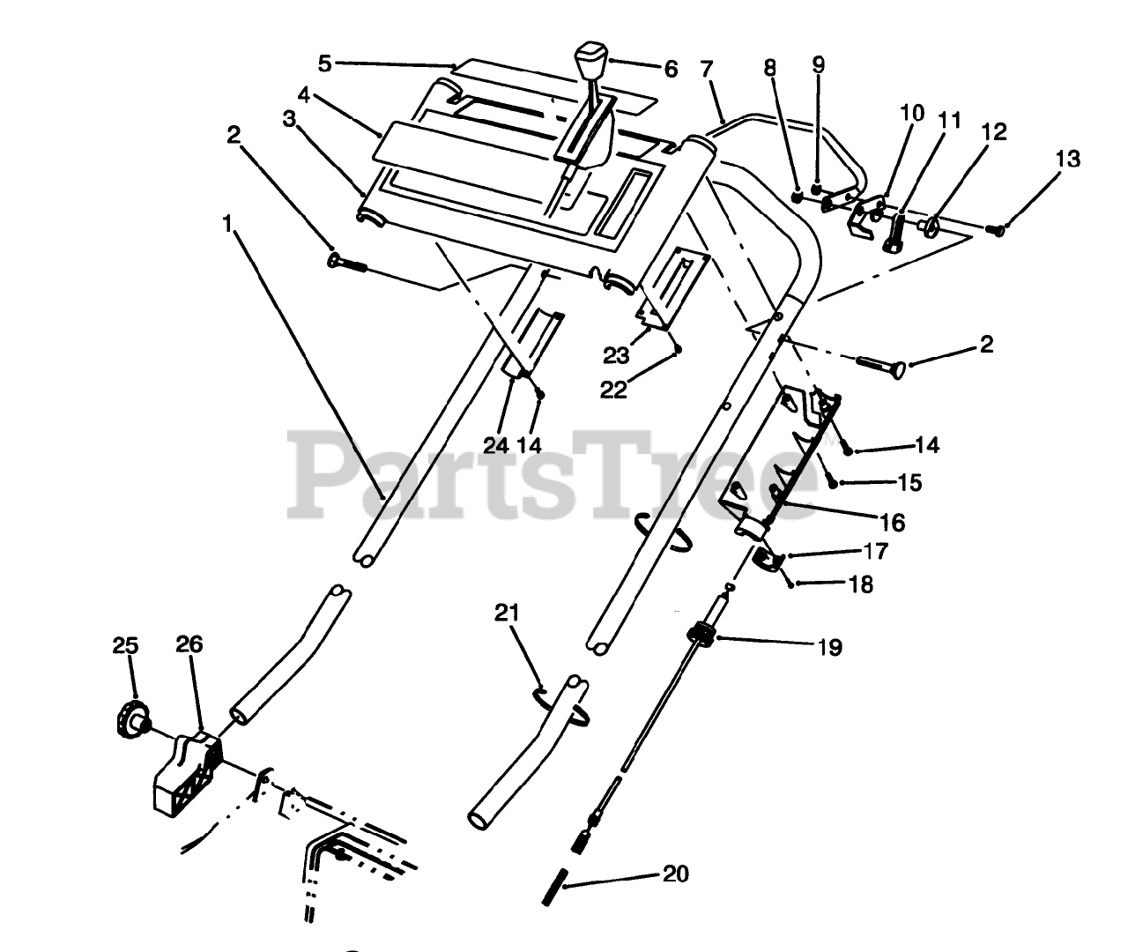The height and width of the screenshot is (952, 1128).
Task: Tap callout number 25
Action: tap(126, 646)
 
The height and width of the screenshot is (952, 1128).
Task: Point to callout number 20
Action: tap(676, 874)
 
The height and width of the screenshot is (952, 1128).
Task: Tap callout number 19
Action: tap(829, 648)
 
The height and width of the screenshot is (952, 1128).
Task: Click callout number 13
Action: tap(1067, 160)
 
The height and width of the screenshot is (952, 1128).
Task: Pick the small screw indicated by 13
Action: tap(996, 230)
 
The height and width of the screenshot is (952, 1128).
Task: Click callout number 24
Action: tap(496, 445)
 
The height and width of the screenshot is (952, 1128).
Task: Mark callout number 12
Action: tap(993, 131)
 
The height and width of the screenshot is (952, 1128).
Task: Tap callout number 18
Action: tap(862, 584)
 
